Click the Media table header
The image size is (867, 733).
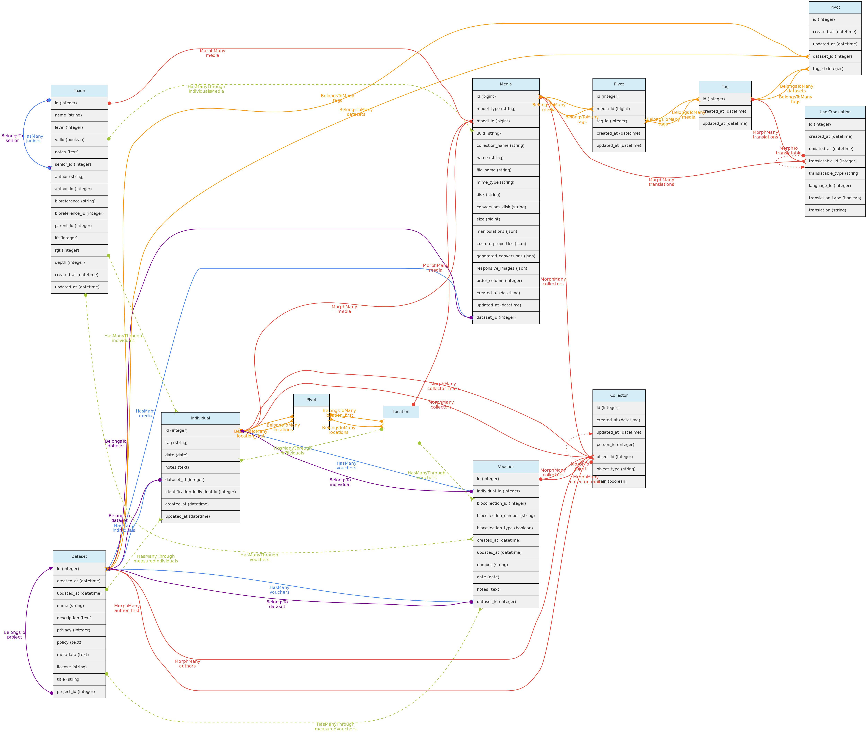point(506,84)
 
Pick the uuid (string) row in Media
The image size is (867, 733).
point(506,133)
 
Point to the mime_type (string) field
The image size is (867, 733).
point(506,182)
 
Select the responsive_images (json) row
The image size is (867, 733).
point(506,268)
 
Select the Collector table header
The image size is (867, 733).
point(619,395)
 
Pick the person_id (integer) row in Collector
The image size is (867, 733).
point(619,445)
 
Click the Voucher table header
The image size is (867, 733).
point(506,467)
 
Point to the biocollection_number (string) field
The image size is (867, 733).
point(506,516)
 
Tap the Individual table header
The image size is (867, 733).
point(200,418)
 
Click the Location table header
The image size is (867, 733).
point(400,412)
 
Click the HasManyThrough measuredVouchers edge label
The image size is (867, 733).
point(335,726)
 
